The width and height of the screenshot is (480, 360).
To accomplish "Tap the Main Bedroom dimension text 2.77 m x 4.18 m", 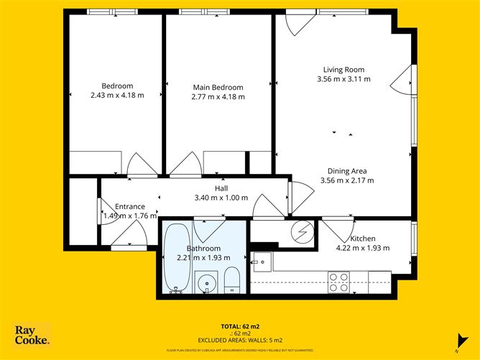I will click(218, 96).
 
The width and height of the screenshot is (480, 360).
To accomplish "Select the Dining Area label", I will click(347, 171).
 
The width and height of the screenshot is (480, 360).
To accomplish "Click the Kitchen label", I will click(362, 239).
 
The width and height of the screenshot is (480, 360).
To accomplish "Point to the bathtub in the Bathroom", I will click(176, 259).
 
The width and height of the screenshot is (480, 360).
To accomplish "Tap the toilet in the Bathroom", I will click(232, 281).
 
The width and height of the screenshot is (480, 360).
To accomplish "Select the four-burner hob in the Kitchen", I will click(338, 277).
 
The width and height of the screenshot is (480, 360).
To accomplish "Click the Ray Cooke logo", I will click(32, 335).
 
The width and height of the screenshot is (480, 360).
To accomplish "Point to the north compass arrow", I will click(456, 340).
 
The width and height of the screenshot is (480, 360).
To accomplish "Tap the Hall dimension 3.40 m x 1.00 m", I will click(221, 198).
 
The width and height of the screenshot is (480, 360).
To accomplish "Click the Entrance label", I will click(130, 206).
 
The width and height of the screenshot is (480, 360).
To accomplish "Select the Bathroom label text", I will click(183, 248).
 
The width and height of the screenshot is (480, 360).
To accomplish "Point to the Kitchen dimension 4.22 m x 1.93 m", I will click(362, 248).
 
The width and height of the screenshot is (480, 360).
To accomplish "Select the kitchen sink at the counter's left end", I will click(260, 259).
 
